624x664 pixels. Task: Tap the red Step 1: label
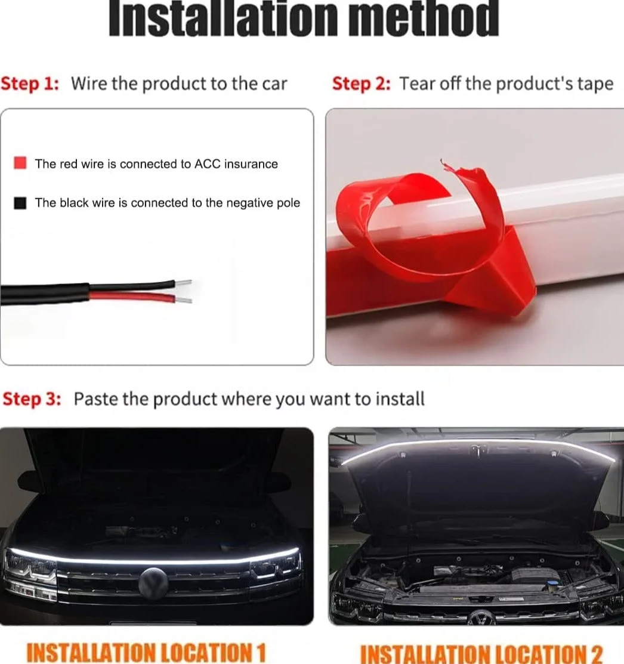pyautogui.click(x=30, y=84)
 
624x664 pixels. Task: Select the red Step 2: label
pyautogui.click(x=361, y=84)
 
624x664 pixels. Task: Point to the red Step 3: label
pyautogui.click(x=32, y=399)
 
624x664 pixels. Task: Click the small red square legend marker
pyautogui.click(x=20, y=163)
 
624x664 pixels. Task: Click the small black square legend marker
pyautogui.click(x=20, y=203)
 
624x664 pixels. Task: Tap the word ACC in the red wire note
pyautogui.click(x=208, y=164)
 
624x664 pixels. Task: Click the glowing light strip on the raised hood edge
pyautogui.click(x=477, y=442)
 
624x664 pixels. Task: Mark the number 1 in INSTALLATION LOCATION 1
pyautogui.click(x=260, y=652)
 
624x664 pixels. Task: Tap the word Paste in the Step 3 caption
pyautogui.click(x=95, y=399)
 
